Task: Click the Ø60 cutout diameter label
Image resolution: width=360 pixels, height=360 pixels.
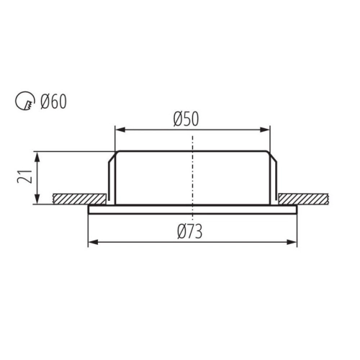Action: click(53, 102)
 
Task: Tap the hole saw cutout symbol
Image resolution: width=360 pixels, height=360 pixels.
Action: click(25, 101)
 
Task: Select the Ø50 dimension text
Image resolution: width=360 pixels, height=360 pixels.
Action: click(186, 119)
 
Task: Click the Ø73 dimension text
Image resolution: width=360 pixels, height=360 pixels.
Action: click(189, 231)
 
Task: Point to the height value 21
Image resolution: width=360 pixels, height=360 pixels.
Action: click(24, 176)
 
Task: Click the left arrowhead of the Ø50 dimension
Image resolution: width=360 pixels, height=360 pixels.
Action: click(120, 130)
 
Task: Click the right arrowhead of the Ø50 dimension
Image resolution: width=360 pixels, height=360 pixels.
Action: click(265, 130)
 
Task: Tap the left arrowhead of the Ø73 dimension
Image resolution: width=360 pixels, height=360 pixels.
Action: click(94, 242)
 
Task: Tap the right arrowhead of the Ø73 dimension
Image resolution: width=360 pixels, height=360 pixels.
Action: click(292, 242)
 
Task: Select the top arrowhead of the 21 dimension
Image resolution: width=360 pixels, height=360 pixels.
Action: click(37, 157)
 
